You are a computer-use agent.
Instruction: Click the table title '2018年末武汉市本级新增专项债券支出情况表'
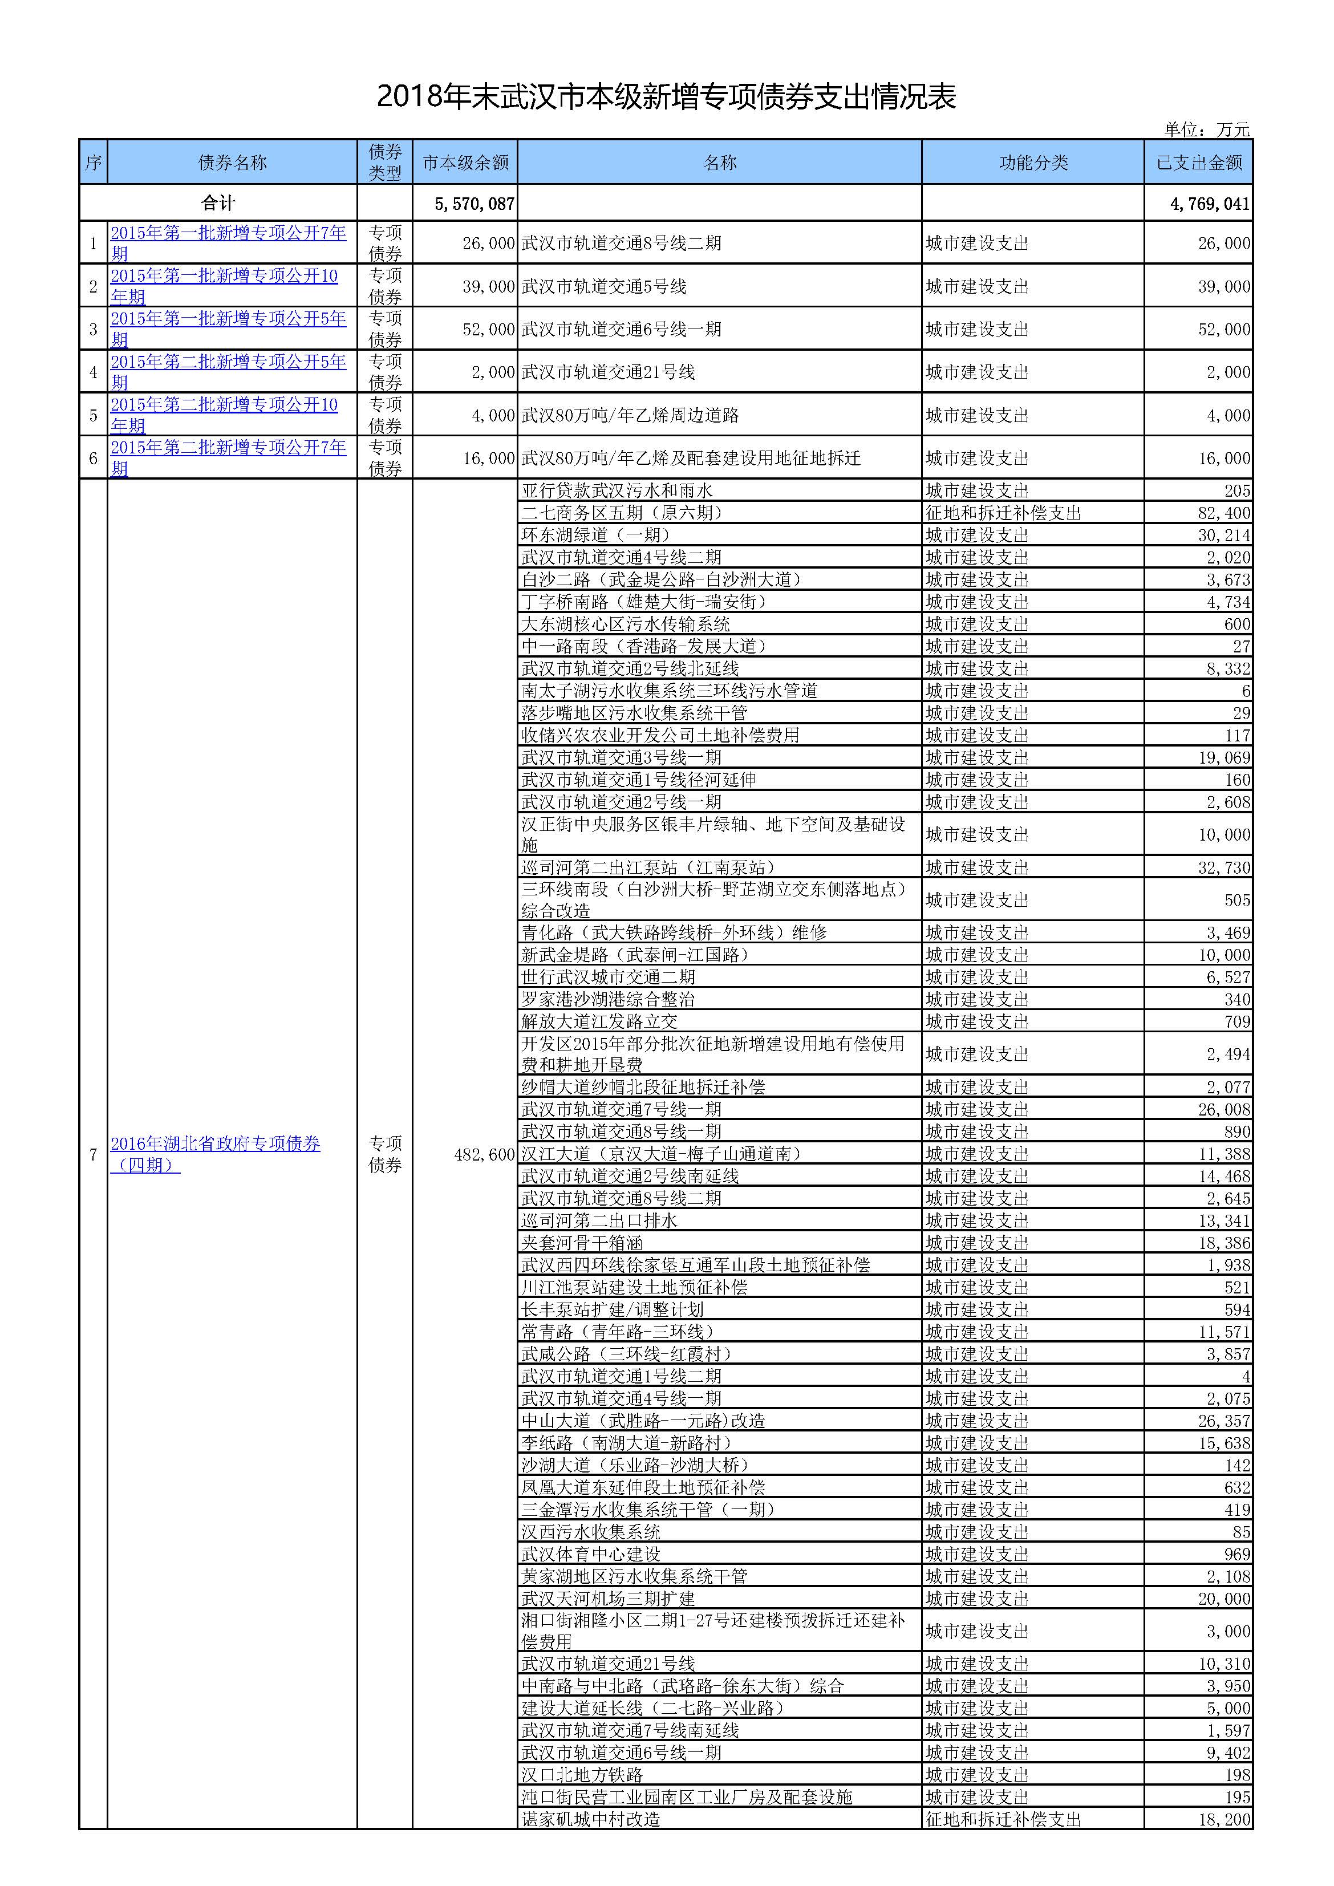pyautogui.click(x=666, y=97)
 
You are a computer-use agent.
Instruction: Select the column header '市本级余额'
pyautogui.click(x=466, y=163)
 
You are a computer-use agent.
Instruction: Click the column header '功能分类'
pyautogui.click(x=1032, y=163)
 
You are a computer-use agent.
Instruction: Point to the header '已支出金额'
pyautogui.click(x=1198, y=163)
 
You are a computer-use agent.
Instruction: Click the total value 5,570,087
pyautogui.click(x=475, y=204)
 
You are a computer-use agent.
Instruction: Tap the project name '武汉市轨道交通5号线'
pyautogui.click(x=604, y=287)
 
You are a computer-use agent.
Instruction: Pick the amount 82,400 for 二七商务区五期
pyautogui.click(x=1224, y=513)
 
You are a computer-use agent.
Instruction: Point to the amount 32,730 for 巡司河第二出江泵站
pyautogui.click(x=1224, y=867)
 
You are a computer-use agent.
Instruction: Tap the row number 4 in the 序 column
pyautogui.click(x=93, y=372)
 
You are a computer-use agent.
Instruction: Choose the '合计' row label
pyautogui.click(x=218, y=203)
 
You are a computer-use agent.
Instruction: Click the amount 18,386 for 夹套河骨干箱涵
pyautogui.click(x=1224, y=1243)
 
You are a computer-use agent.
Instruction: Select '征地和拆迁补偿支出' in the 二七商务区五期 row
pyautogui.click(x=1003, y=513)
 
